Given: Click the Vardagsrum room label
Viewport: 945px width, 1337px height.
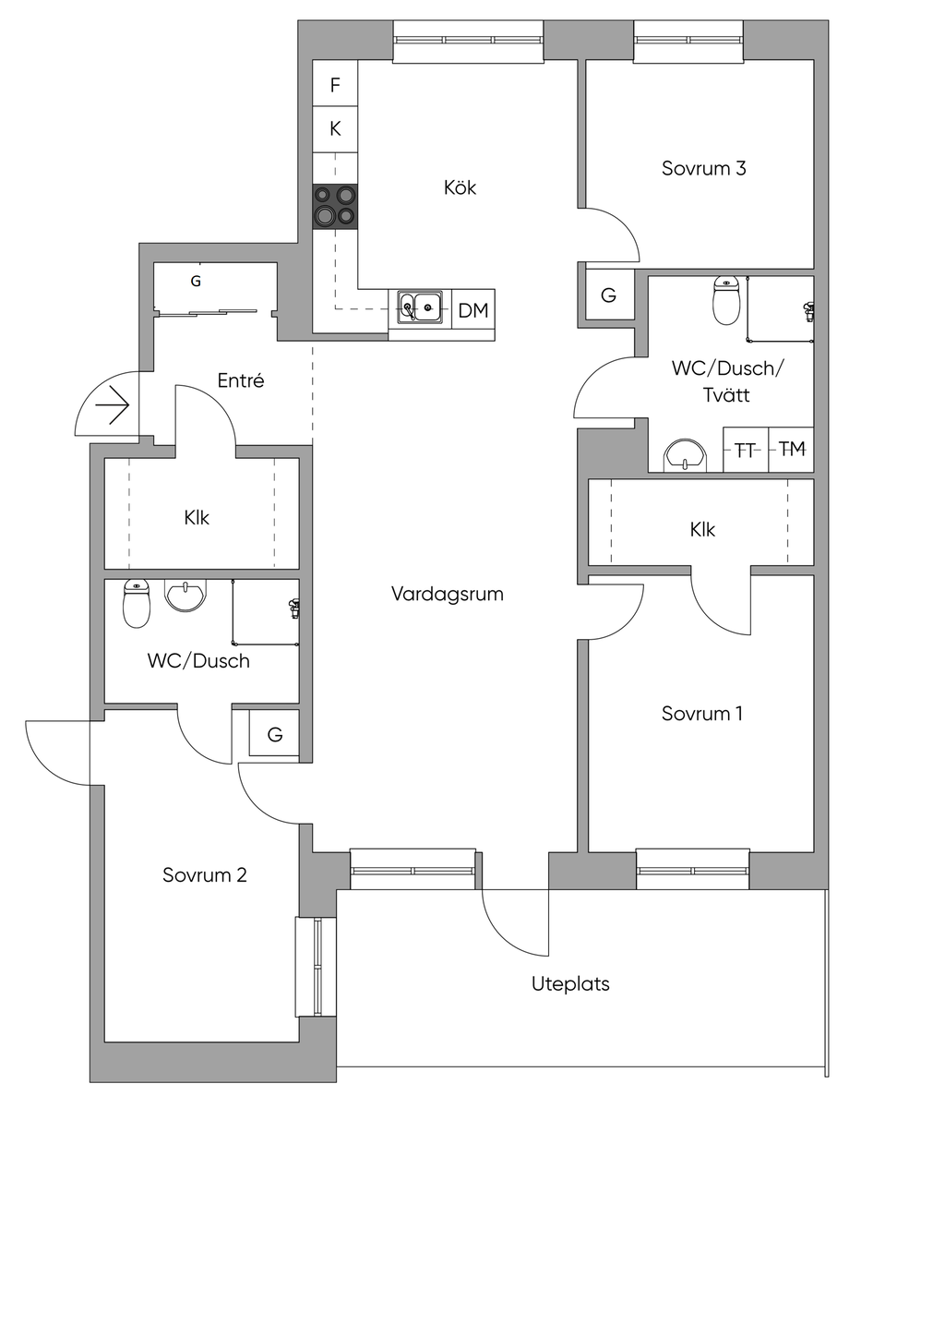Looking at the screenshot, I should point(448,594).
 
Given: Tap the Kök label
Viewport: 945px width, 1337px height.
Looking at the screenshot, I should point(460,187).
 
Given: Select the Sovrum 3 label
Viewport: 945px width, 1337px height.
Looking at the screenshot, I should point(703,168).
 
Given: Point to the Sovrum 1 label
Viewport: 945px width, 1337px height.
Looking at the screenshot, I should point(701,713).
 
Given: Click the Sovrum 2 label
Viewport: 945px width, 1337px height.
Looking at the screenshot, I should point(204,874).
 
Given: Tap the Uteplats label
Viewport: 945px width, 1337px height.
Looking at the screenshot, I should point(570,983).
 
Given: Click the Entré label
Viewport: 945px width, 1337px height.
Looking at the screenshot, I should point(241,380).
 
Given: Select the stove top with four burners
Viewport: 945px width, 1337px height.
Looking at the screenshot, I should point(335,206).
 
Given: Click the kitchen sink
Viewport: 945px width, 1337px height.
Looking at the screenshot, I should point(420,307).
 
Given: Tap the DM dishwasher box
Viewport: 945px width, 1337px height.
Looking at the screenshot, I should point(473,310).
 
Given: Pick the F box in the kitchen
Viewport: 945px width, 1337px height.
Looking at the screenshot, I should point(335,85).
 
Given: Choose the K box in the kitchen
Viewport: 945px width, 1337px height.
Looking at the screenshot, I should point(335,129).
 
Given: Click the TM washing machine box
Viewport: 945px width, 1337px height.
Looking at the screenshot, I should point(792,450).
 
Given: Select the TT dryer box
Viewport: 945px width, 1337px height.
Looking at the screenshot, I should point(746,450).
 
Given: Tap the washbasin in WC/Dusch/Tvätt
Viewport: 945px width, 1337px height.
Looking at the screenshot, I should point(685,454).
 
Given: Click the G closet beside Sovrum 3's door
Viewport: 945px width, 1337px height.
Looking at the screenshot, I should point(609,295).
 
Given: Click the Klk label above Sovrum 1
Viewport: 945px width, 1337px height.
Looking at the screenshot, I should point(702,529).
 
